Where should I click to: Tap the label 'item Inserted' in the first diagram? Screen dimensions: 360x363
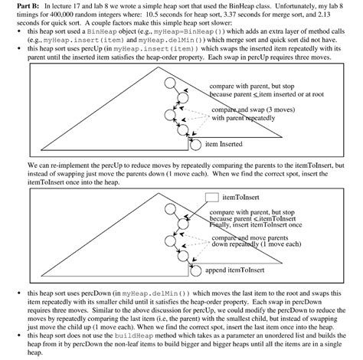[x=224, y=143]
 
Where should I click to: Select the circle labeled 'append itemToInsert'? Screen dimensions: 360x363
[x=196, y=270]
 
